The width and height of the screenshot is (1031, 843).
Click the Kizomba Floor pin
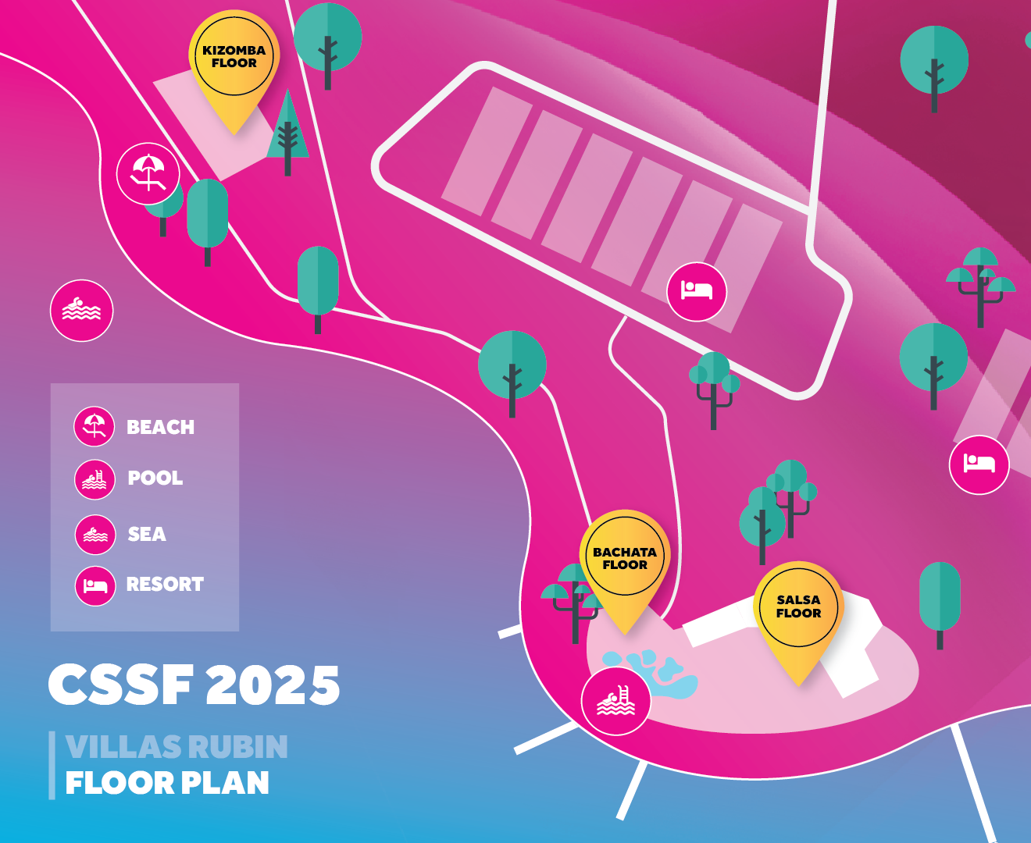click(x=234, y=63)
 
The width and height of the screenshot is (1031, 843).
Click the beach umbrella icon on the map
click(x=148, y=173)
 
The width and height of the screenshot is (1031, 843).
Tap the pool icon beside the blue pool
click(x=616, y=701)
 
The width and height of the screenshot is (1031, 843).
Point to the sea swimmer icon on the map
click(x=82, y=311)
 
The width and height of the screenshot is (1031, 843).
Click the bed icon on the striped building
click(x=697, y=291)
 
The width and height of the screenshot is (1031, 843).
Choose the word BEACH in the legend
click(x=160, y=427)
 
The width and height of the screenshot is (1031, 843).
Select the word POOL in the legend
click(x=155, y=478)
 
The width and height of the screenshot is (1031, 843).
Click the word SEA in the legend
click(x=147, y=534)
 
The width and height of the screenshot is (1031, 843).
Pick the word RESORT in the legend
click(x=165, y=584)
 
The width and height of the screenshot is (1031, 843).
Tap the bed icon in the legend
click(x=95, y=586)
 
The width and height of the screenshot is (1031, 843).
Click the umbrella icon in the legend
click(x=95, y=427)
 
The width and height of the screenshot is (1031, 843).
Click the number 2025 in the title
click(x=273, y=685)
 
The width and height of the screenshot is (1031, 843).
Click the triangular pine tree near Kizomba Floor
click(x=287, y=132)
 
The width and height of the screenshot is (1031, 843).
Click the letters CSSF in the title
click(x=120, y=685)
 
